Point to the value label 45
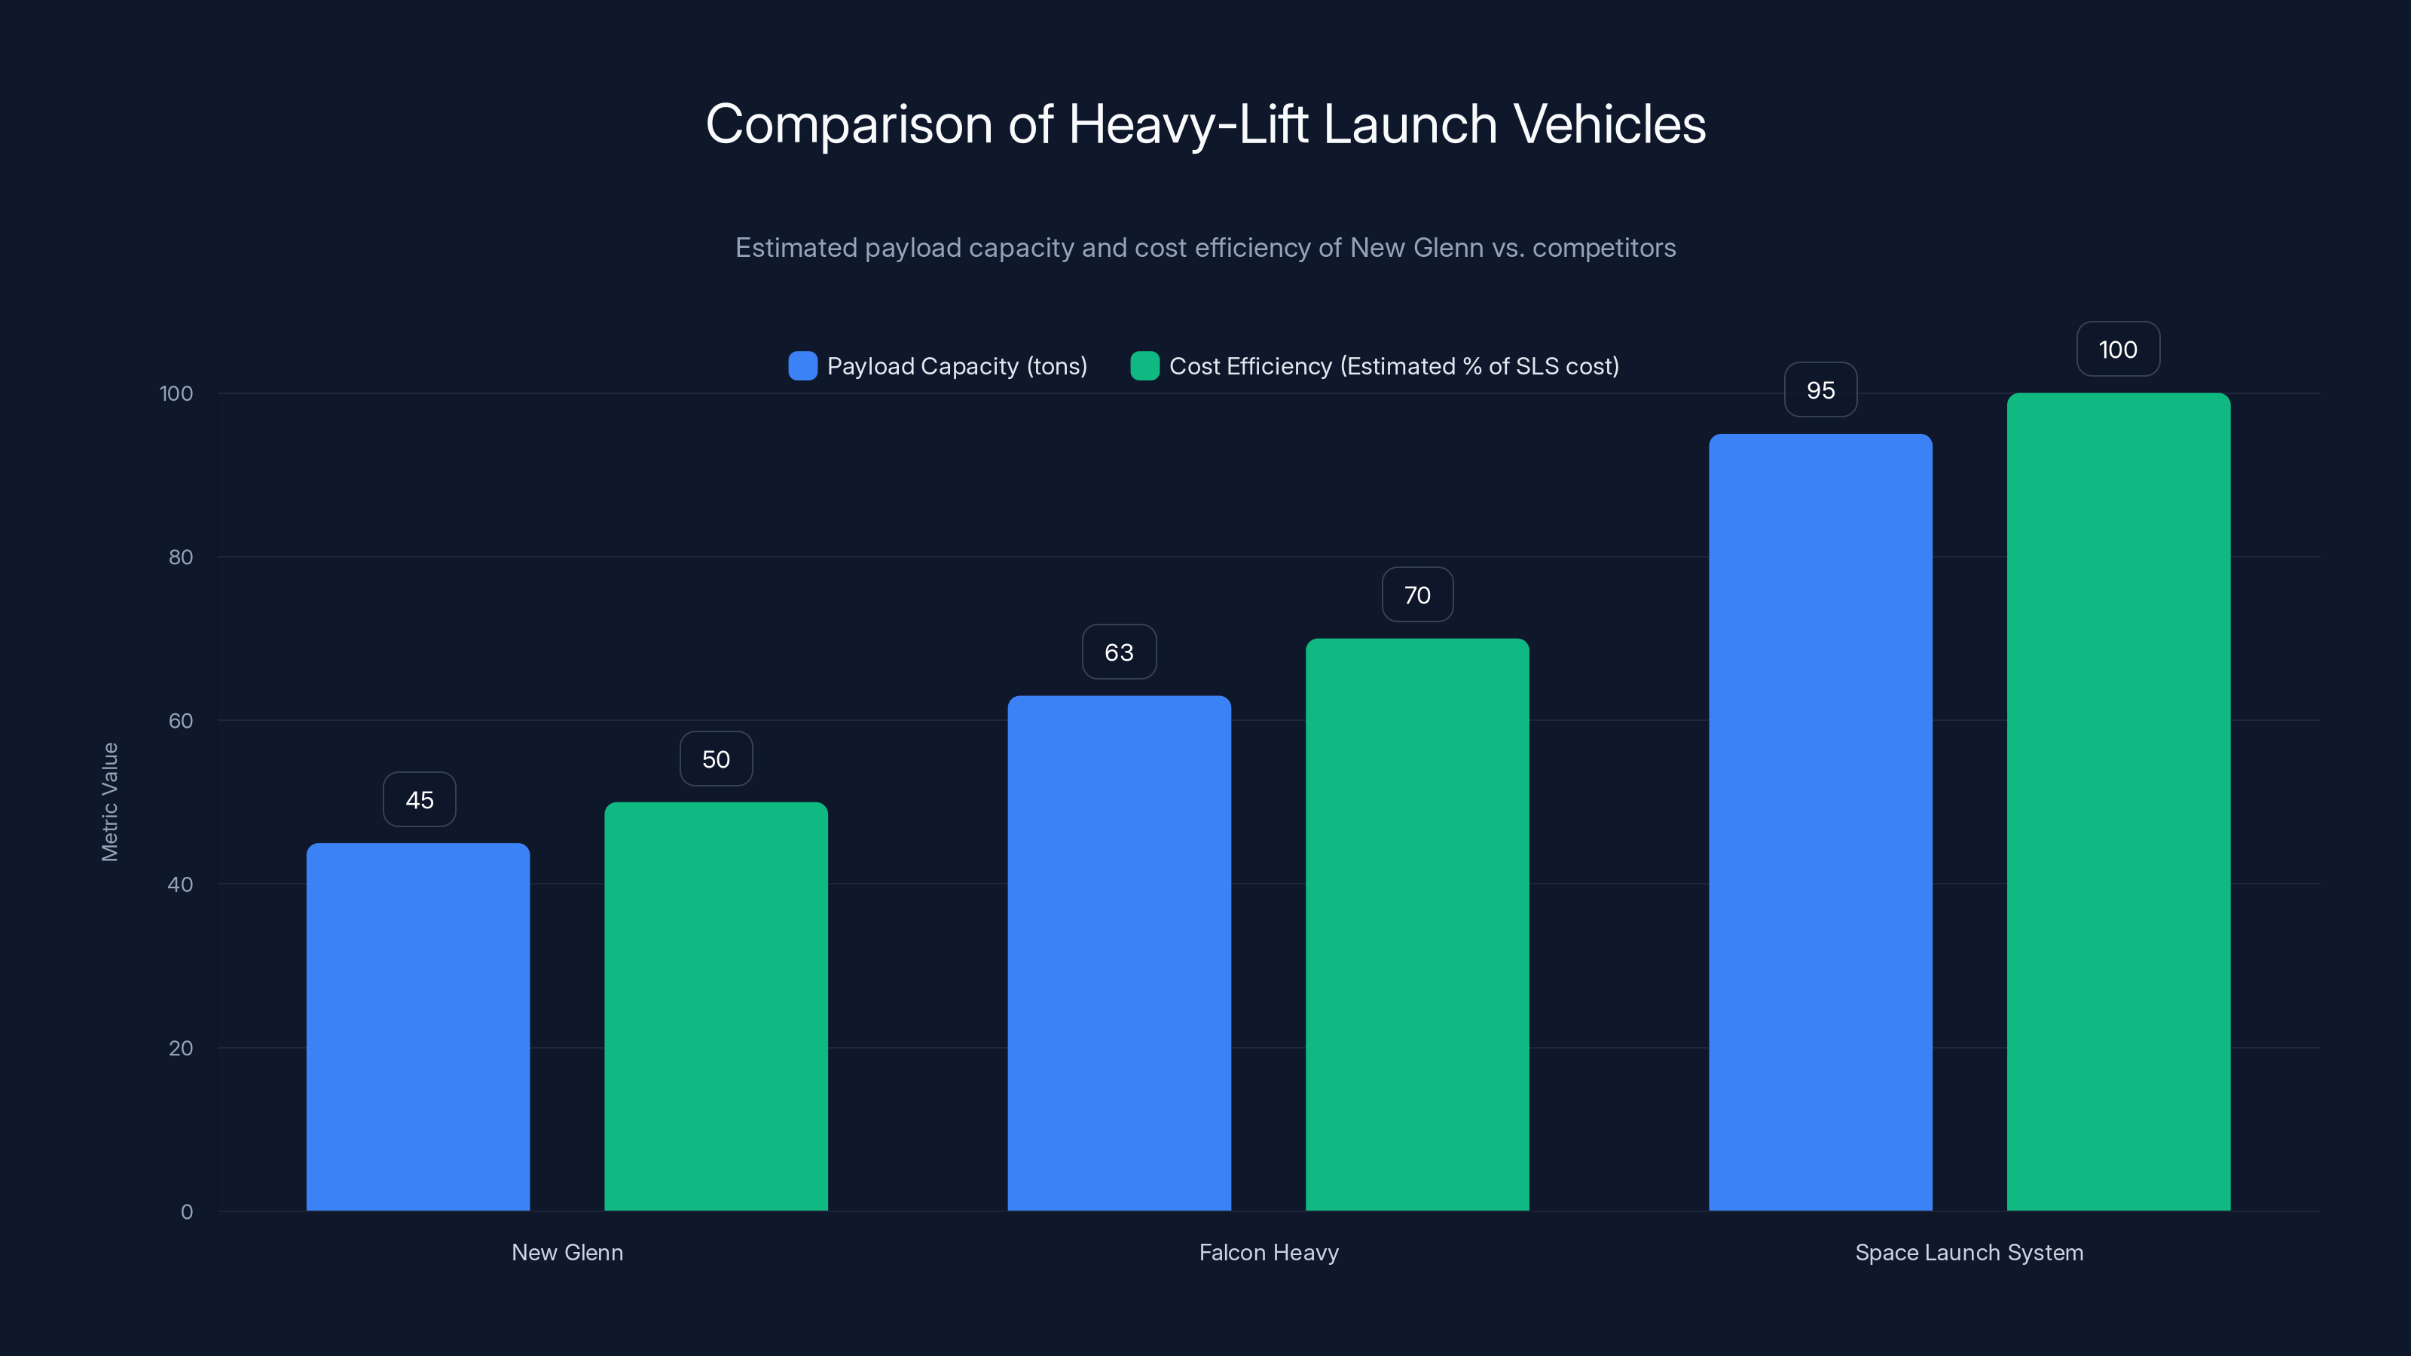pos(420,800)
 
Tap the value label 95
pos(1820,390)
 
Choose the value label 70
pos(1417,595)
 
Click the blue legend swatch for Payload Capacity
pos(802,366)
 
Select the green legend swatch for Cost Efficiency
pos(1144,366)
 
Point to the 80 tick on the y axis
pos(181,557)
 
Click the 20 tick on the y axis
pos(181,1048)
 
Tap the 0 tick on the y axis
pos(186,1212)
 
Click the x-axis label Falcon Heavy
pos(1268,1252)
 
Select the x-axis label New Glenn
pos(567,1252)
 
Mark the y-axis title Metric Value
pos(109,802)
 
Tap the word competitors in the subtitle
pos(1603,248)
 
